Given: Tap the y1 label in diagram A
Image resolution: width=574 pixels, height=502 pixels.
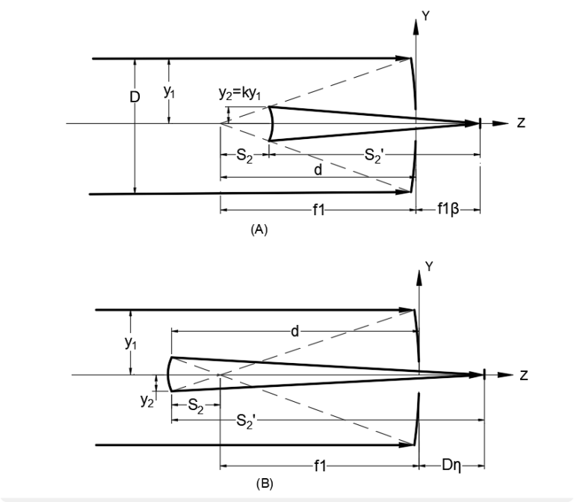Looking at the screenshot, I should pyautogui.click(x=170, y=92).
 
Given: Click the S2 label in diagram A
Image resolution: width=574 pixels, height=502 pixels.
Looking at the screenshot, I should pyautogui.click(x=244, y=155).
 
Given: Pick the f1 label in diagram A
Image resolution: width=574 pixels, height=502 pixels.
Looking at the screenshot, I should pyautogui.click(x=318, y=211).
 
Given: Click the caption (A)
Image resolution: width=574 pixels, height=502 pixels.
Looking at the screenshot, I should pyautogui.click(x=259, y=231).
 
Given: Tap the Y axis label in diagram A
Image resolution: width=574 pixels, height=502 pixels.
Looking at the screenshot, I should pyautogui.click(x=425, y=13).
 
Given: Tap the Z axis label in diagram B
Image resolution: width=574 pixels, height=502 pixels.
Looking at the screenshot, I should pyautogui.click(x=523, y=375).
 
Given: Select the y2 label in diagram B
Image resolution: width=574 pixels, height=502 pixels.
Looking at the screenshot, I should pyautogui.click(x=147, y=400).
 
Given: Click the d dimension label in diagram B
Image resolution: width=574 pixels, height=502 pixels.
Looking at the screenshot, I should pyautogui.click(x=294, y=330).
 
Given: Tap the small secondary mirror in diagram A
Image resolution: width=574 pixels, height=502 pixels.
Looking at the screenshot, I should pyautogui.click(x=270, y=123).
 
